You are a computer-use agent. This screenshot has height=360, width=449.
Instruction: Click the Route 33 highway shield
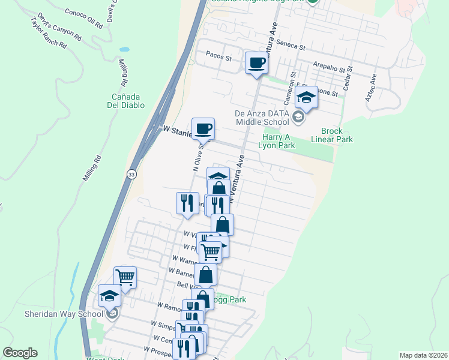coord(131,174)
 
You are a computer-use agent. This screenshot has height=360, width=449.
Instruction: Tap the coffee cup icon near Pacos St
coord(257,63)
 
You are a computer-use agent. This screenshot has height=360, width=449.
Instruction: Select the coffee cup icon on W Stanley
coord(203,128)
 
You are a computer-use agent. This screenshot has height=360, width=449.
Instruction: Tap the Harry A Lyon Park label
coord(277,140)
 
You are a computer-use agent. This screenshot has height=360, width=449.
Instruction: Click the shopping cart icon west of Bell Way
coord(125,277)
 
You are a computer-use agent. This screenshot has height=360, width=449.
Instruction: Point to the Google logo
coord(20,353)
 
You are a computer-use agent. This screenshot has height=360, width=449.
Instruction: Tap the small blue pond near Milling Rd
coord(124,49)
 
